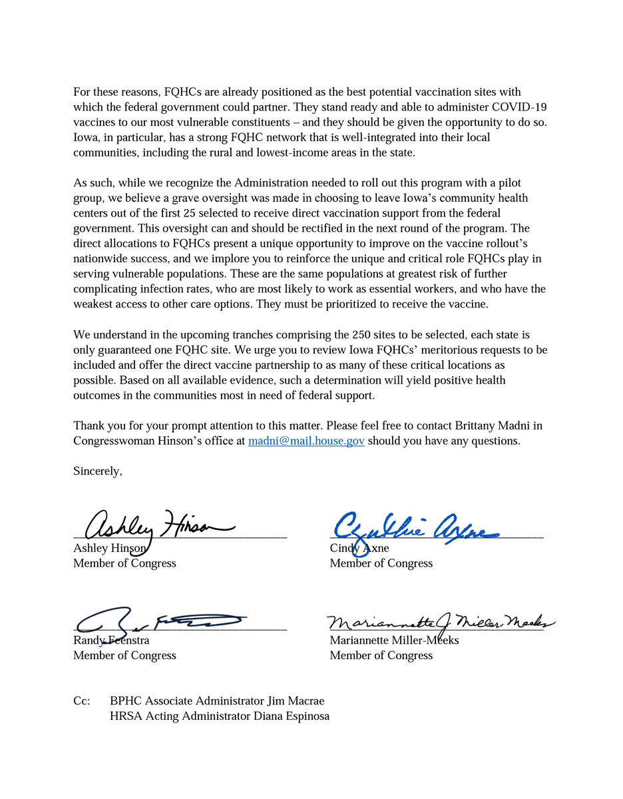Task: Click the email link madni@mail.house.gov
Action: click(306, 441)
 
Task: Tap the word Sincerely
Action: click(98, 471)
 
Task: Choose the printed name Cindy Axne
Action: click(359, 548)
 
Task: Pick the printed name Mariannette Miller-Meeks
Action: click(394, 641)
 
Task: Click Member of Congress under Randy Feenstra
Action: click(124, 655)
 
